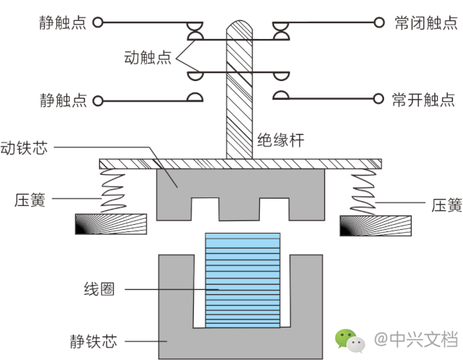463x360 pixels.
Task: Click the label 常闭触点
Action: [x=422, y=22]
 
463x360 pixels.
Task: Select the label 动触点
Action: [x=148, y=58]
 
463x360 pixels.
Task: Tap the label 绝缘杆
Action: [x=278, y=139]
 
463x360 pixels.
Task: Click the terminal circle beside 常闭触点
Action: [x=378, y=22]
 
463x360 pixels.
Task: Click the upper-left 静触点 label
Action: [x=62, y=22]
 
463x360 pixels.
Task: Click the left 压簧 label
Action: [x=30, y=200]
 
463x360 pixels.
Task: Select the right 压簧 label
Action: [x=446, y=205]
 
